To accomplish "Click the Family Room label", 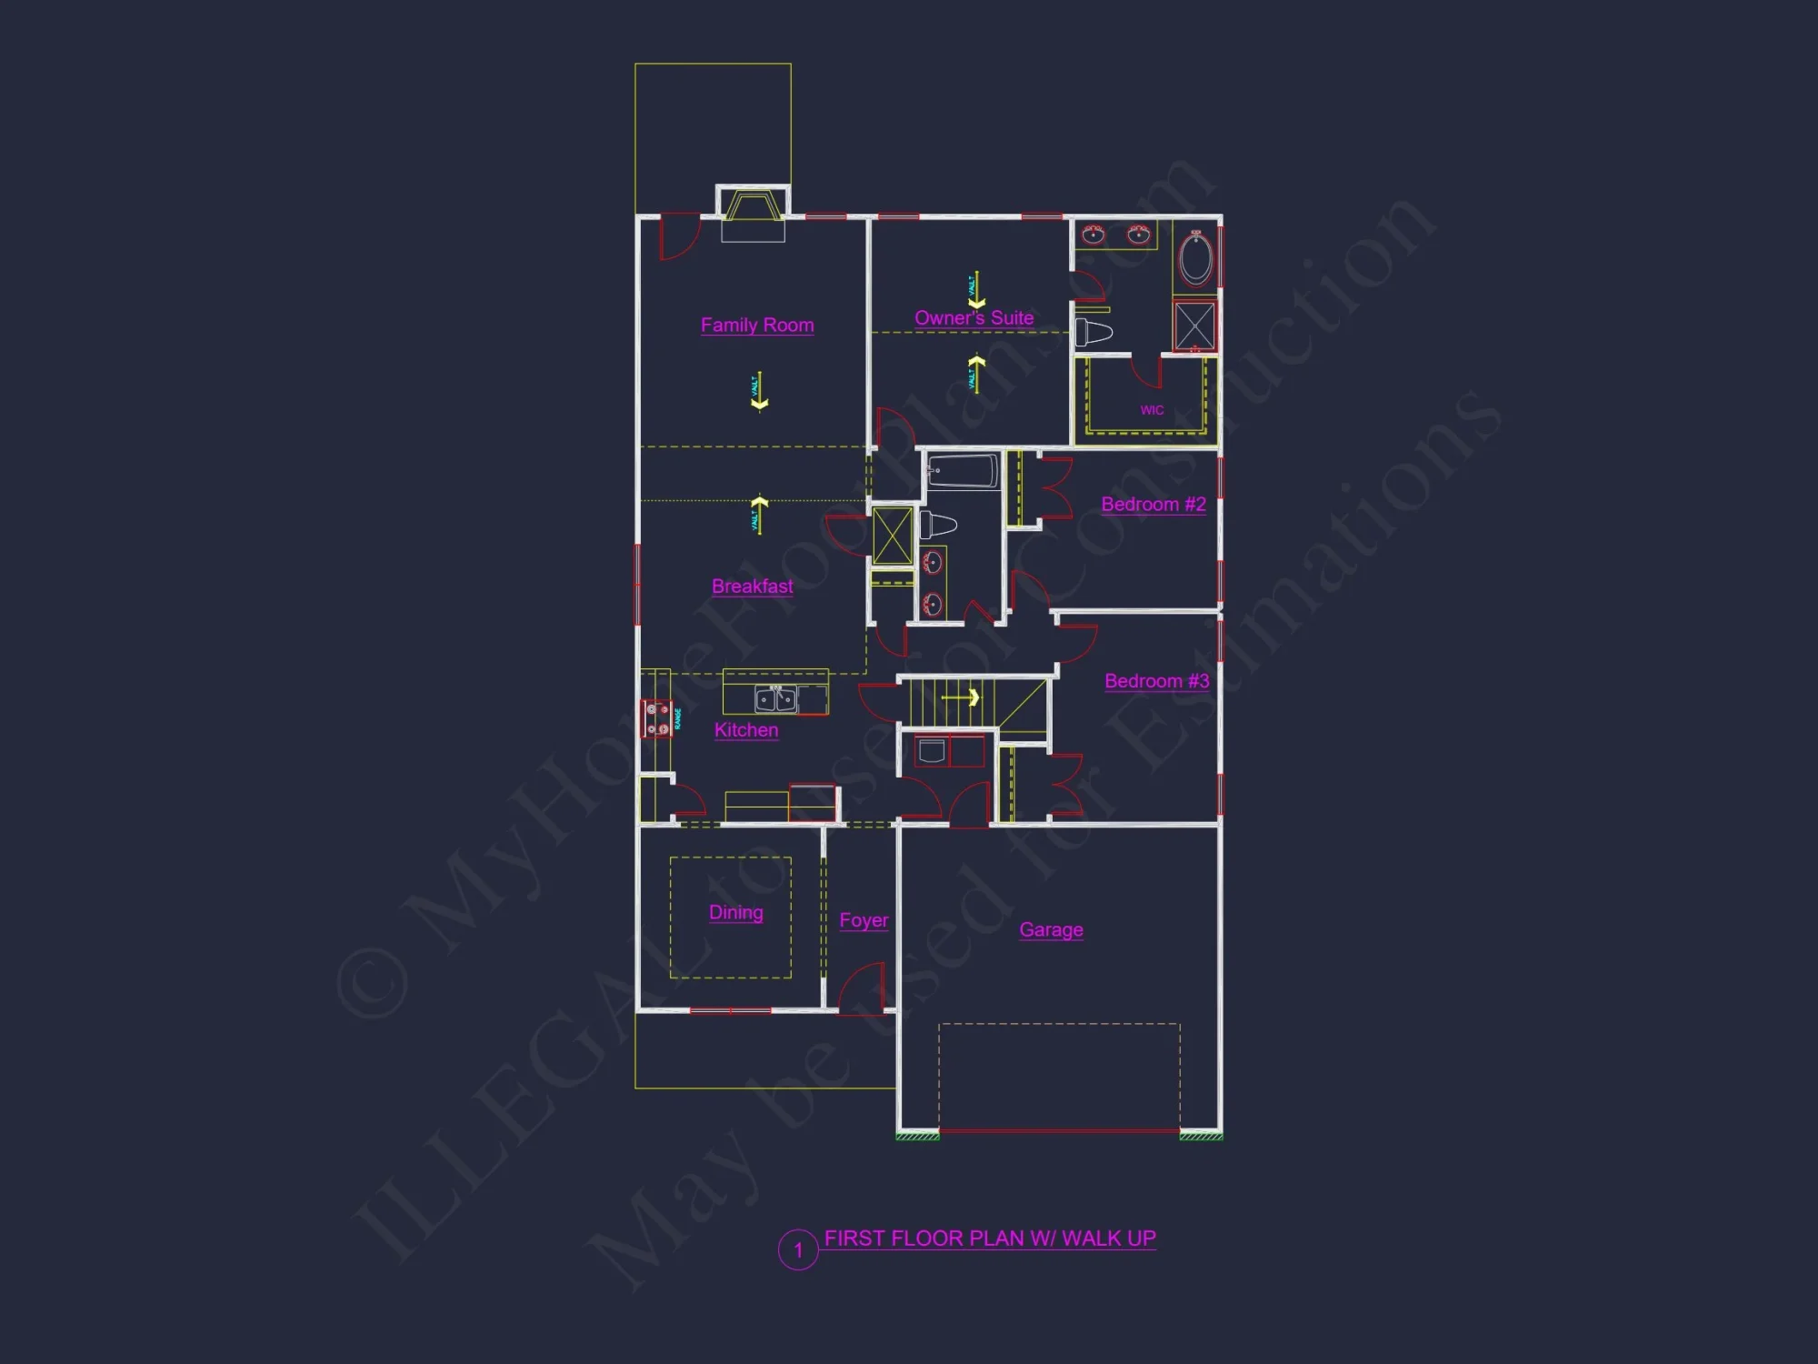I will pos(757,325).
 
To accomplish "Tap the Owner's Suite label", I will pos(974,318).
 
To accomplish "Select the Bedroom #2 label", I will pos(1154,504).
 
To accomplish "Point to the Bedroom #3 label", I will pos(1156,681).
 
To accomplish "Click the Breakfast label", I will pos(752,587).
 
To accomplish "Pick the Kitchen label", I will pos(745,730).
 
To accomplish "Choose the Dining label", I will pos(735,912).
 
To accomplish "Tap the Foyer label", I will pos(864,920).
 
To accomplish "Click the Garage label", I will pos(1051,929).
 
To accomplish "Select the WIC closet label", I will pos(1152,410).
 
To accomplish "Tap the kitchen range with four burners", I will pos(657,718).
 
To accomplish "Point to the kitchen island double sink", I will pos(775,699).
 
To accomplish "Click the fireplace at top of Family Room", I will pos(753,208).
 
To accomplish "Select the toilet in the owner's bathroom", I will pos(1094,332).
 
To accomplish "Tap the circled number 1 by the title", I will pos(798,1250).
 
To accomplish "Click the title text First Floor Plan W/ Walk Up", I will pos(989,1239).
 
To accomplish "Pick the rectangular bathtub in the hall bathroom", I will pos(962,471).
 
